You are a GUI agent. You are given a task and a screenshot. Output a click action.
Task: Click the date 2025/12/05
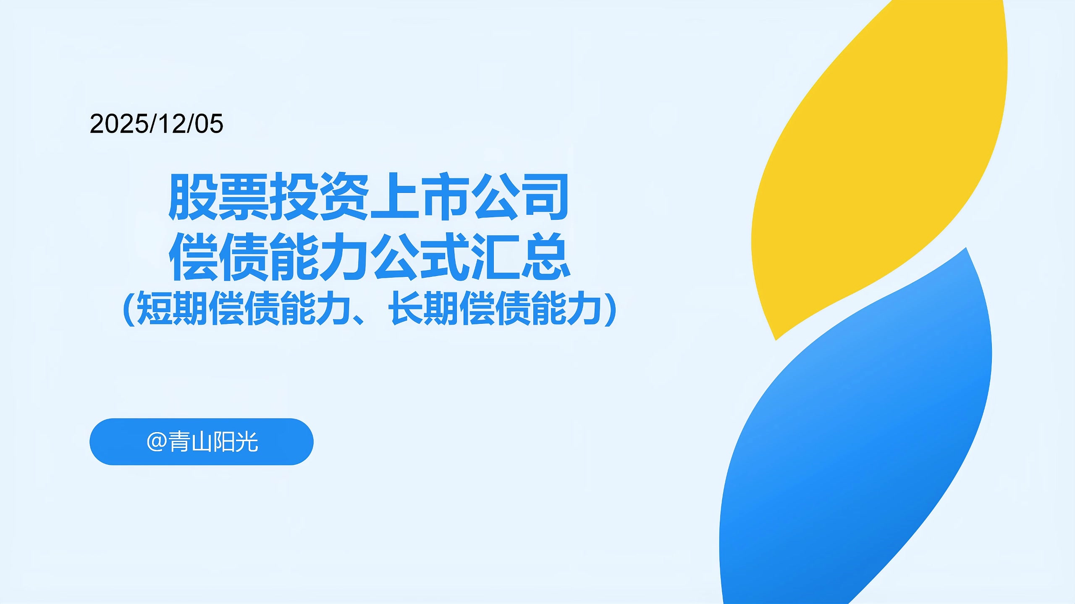[156, 124]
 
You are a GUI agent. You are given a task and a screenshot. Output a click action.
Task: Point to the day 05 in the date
[209, 124]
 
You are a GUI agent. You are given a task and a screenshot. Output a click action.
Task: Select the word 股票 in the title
[218, 197]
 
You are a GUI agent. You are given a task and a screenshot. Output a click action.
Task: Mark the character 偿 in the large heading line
[194, 257]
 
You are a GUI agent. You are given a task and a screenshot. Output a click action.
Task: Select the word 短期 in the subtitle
[172, 309]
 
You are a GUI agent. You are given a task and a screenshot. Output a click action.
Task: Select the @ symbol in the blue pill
[157, 442]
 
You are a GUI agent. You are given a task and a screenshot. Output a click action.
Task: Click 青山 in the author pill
[190, 442]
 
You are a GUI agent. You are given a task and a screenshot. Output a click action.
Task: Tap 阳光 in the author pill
[236, 442]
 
